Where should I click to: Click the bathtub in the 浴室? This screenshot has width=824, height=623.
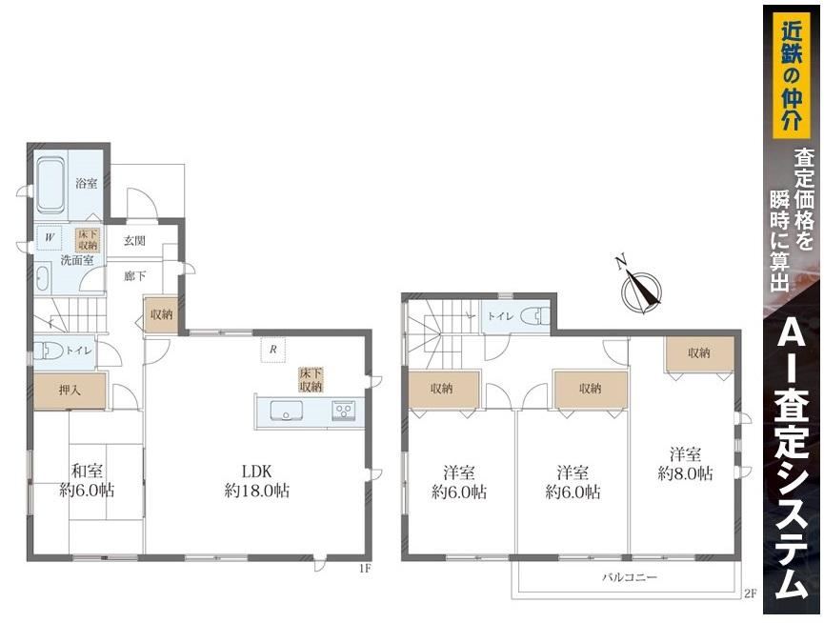51,186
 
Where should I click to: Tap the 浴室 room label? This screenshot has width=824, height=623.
87,184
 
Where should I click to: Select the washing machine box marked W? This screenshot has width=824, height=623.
50,237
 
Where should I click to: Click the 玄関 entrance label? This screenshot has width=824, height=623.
134,241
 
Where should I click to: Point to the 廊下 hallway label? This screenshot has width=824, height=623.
135,276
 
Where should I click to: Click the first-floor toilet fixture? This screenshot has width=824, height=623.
47,351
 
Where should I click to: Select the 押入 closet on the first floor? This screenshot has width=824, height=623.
70,391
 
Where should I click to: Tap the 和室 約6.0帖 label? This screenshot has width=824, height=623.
88,481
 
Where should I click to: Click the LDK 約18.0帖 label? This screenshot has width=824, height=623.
257,481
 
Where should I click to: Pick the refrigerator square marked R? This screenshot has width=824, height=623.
273,350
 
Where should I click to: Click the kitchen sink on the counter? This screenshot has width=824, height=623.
287,411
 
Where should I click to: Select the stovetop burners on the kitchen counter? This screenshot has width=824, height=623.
344,410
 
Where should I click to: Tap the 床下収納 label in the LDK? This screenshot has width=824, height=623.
311,380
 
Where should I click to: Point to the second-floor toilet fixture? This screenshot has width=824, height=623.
535,316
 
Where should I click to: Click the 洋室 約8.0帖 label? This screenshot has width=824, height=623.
685,463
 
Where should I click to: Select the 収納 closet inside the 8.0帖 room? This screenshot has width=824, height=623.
699,354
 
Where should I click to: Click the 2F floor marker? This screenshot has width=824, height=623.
750,594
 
